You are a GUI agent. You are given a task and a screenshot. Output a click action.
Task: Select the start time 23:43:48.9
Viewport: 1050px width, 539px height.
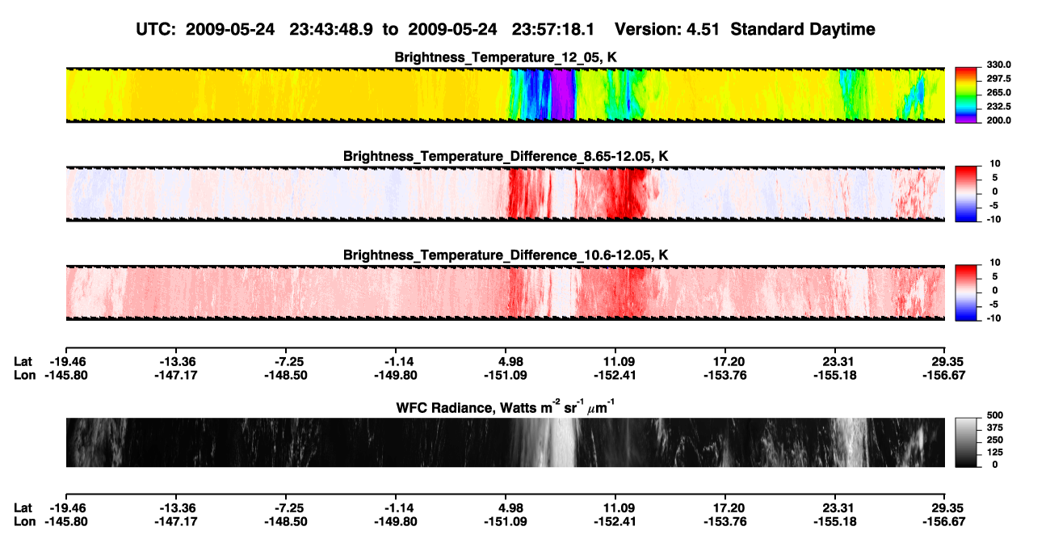[x=331, y=29]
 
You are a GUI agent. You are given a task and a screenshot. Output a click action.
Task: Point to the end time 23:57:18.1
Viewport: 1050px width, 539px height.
[x=552, y=29]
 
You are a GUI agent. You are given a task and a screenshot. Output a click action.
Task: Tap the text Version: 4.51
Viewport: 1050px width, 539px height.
[x=666, y=29]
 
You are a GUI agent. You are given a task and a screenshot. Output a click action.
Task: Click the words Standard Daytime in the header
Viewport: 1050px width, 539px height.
[x=803, y=29]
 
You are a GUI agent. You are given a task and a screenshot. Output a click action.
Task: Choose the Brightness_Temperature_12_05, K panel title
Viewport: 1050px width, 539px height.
[x=506, y=57]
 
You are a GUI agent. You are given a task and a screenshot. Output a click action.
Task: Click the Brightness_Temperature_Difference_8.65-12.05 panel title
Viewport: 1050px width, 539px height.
[x=506, y=156]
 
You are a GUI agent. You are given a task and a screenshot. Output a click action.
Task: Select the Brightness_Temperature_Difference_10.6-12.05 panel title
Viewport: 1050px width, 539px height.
[x=506, y=255]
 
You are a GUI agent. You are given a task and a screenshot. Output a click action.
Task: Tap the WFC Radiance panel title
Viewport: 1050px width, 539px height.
[x=506, y=407]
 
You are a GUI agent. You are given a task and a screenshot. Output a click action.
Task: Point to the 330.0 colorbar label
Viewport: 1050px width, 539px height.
[x=998, y=65]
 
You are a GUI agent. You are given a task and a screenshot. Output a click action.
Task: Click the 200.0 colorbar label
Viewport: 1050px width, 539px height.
[x=998, y=120]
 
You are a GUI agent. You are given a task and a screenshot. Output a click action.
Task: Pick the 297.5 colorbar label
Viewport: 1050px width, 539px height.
[x=998, y=79]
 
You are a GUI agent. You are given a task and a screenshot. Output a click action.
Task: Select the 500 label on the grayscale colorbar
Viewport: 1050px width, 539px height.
[x=995, y=415]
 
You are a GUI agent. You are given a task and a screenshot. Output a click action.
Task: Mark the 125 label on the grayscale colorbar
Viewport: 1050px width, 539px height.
[x=995, y=453]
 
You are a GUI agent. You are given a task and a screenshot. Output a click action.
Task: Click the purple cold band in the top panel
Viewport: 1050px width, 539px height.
[x=562, y=95]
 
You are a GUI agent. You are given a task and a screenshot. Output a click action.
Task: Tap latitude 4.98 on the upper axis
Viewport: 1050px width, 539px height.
[x=506, y=362]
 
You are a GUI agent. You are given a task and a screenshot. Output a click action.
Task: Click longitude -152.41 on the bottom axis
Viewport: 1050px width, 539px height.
[x=615, y=522]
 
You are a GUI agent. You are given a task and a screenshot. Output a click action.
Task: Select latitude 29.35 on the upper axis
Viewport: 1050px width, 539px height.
[x=944, y=362]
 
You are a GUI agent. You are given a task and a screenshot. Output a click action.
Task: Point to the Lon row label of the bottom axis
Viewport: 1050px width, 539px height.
[x=25, y=522]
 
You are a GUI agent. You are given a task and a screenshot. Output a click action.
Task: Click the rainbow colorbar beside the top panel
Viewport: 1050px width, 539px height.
[x=966, y=95]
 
